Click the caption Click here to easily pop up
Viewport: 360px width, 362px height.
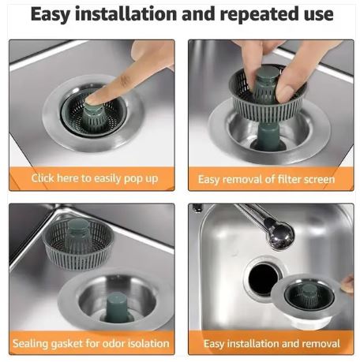click(x=94, y=178)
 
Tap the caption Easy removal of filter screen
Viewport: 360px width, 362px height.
click(x=266, y=179)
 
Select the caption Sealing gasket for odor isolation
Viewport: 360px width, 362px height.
click(x=91, y=343)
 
